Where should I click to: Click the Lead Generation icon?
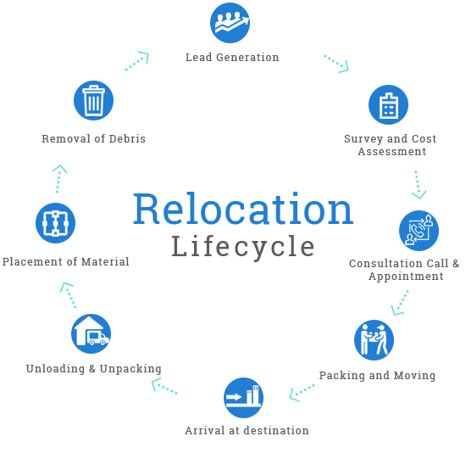230,23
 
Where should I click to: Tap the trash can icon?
93,101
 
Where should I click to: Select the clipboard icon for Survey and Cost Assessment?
388,105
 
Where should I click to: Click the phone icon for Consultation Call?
419,231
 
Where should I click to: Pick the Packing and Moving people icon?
374,340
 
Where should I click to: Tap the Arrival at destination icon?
243,398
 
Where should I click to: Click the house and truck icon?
92,333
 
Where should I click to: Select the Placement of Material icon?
56,223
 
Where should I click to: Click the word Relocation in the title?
243,209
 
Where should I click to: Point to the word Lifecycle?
243,247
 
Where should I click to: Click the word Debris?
127,138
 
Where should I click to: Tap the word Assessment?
392,152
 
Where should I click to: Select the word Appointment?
406,277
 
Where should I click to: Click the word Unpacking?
130,369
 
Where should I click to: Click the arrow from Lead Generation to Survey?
336,64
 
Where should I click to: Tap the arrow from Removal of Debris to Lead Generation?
137,61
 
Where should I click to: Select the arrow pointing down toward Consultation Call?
419,185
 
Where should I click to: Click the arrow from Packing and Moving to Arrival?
302,392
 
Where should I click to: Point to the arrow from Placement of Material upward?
59,179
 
